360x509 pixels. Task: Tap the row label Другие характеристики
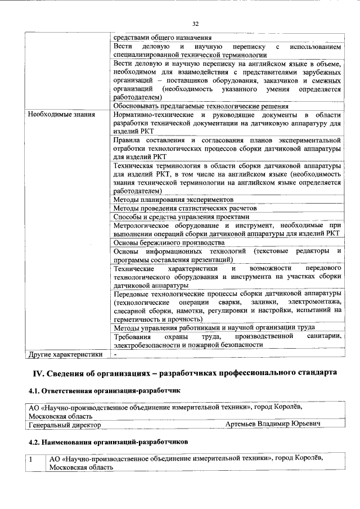[65, 354]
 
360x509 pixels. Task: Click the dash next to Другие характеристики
[115, 354]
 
